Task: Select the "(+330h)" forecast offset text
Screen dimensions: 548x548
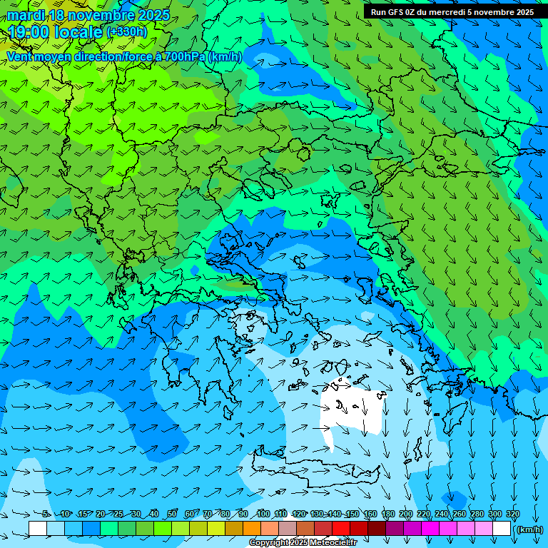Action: [126, 31]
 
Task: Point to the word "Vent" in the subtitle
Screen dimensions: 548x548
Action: [21, 56]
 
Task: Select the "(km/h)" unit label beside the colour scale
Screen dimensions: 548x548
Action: [529, 529]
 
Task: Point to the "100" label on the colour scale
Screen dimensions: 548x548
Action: [263, 514]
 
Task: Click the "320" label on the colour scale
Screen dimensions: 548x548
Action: [513, 514]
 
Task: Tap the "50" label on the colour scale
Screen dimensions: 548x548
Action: [172, 514]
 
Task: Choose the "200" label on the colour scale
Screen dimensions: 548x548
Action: [406, 514]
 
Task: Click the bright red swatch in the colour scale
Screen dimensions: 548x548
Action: [340, 529]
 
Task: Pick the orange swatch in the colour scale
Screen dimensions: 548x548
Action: [251, 529]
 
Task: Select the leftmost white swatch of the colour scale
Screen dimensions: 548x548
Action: [38, 529]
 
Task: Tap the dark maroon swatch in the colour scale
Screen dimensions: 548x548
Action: [376, 529]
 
